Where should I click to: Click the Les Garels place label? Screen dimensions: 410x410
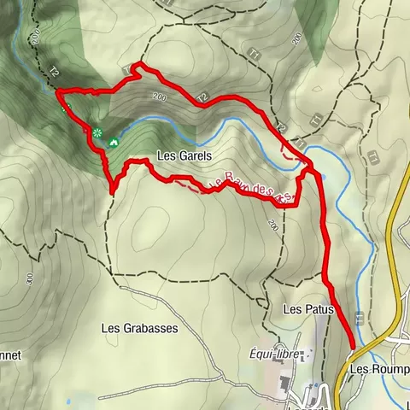click(x=184, y=156)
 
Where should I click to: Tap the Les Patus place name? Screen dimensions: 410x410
click(x=313, y=307)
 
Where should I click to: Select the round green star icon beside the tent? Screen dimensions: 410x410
click(x=97, y=132)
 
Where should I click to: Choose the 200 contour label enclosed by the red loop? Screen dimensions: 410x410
click(x=159, y=97)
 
